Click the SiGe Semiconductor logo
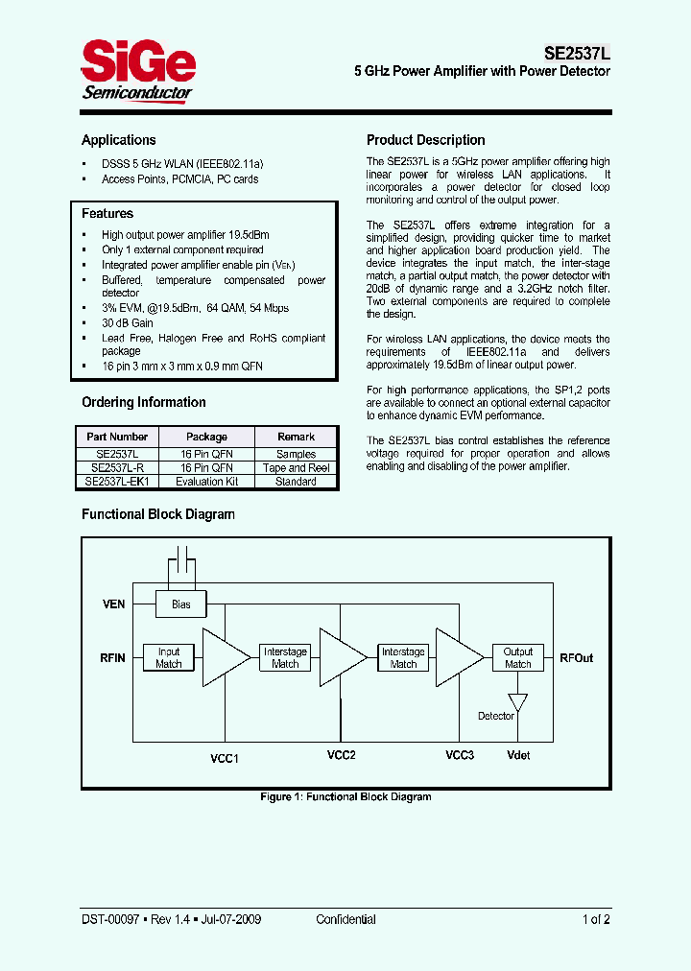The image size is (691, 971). click(137, 70)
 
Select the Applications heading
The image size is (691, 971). click(118, 140)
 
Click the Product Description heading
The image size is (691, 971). click(425, 140)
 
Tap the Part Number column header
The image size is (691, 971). click(117, 437)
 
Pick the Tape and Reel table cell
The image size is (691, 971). click(296, 468)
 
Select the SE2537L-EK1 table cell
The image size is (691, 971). click(117, 482)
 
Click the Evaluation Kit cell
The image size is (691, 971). click(206, 482)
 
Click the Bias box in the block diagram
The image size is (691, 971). click(180, 604)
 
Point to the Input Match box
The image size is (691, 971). click(169, 657)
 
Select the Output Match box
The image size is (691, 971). click(518, 657)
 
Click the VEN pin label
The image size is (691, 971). click(113, 604)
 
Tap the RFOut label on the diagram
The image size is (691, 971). click(576, 658)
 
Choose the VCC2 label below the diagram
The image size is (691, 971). click(342, 755)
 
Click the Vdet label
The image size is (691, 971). click(518, 756)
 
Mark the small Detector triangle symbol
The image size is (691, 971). click(518, 702)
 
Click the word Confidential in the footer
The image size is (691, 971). click(345, 919)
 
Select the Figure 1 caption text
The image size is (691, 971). click(345, 796)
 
